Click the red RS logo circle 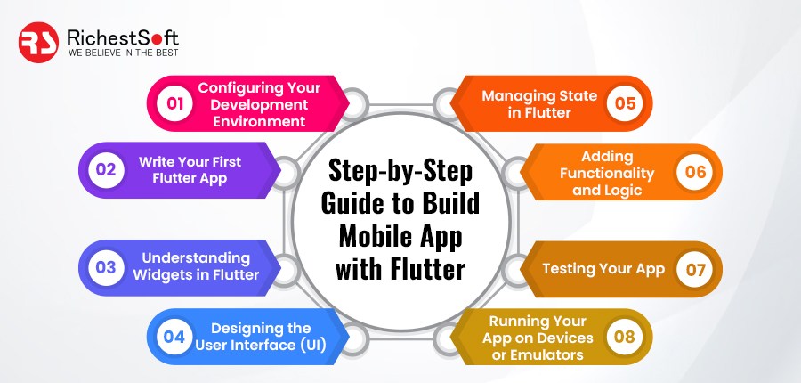38,43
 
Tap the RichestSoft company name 123,37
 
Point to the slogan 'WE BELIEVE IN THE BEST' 123,53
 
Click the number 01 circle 175,103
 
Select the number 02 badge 106,169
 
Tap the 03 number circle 106,267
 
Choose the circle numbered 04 174,337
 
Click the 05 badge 625,103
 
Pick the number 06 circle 695,172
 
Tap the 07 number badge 695,269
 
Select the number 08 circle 625,337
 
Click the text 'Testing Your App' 603,269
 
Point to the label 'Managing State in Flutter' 539,104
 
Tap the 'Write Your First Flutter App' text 190,170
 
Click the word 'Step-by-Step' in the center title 400,172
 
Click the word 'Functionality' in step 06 607,174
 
